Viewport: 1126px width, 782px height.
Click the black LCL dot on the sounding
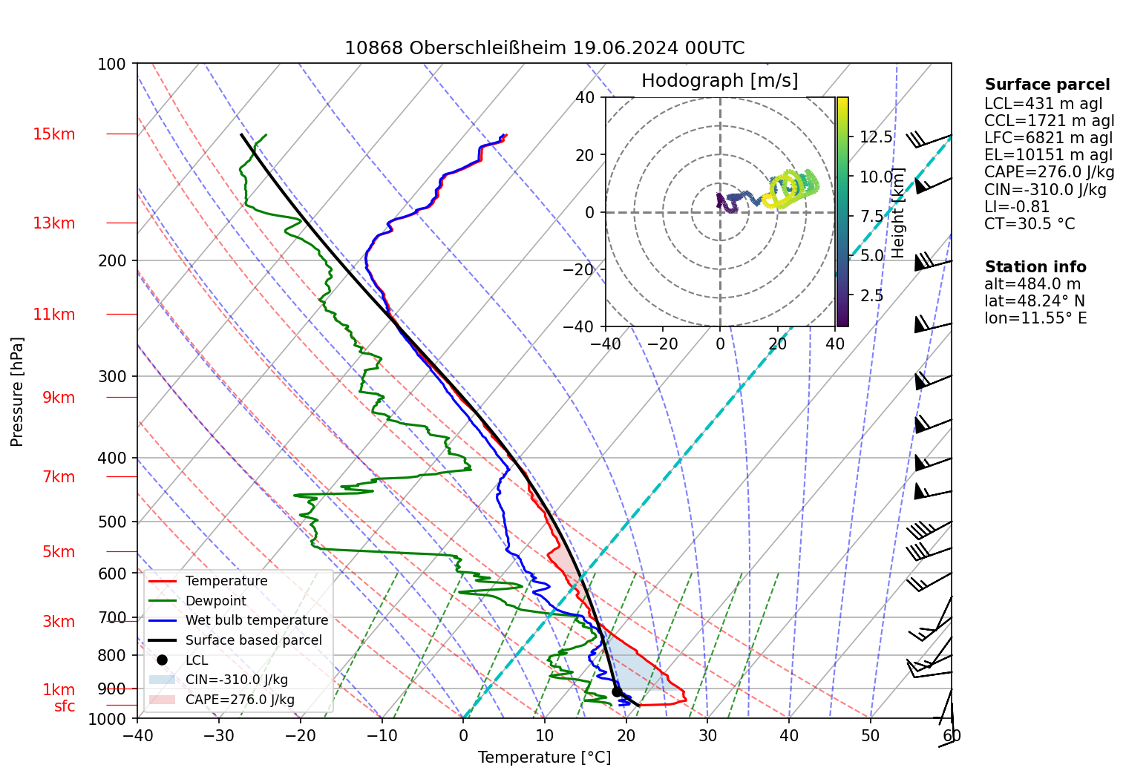pyautogui.click(x=617, y=691)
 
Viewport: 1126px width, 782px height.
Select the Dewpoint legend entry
pyautogui.click(x=215, y=601)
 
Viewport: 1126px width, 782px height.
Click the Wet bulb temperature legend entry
pyautogui.click(x=256, y=620)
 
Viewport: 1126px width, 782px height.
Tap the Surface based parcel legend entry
pyautogui.click(x=253, y=640)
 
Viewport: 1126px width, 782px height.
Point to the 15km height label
pyautogui.click(x=53, y=134)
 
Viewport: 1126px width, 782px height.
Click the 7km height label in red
pyautogui.click(x=59, y=477)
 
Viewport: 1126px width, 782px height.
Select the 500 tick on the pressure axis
pyautogui.click(x=112, y=522)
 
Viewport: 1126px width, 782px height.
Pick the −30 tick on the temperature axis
pyautogui.click(x=218, y=736)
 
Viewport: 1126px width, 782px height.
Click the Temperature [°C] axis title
pyautogui.click(x=544, y=758)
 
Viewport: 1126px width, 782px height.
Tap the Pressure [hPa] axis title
pyautogui.click(x=17, y=392)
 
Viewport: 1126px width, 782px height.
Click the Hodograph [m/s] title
pyautogui.click(x=719, y=81)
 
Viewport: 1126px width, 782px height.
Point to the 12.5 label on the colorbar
pyautogui.click(x=876, y=137)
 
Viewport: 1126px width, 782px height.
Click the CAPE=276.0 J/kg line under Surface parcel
pyautogui.click(x=1049, y=172)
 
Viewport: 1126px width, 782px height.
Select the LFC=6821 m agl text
pyautogui.click(x=1048, y=138)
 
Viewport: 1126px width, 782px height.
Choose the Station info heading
pyautogui.click(x=1035, y=267)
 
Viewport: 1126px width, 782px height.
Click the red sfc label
pyautogui.click(x=65, y=706)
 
